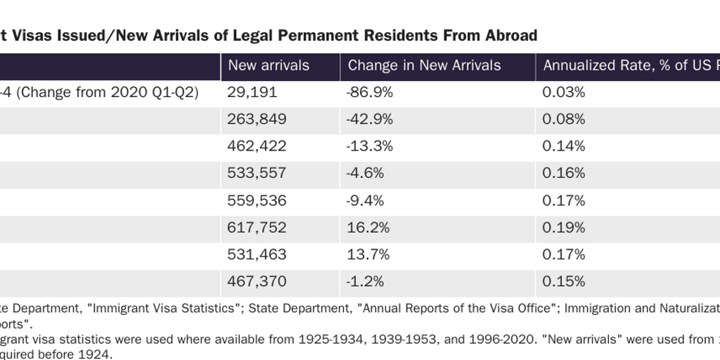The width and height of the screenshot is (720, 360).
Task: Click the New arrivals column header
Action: click(268, 66)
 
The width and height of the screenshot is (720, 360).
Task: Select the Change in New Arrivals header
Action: click(424, 66)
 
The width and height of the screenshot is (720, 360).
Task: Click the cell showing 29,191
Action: click(252, 93)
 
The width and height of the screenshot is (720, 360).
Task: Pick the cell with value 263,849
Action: click(257, 120)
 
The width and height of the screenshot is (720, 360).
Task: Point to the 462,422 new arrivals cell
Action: click(257, 146)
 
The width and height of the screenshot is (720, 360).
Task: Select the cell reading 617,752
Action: click(257, 227)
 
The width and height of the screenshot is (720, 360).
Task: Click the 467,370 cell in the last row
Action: click(257, 281)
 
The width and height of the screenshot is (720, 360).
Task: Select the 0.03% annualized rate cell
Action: click(564, 93)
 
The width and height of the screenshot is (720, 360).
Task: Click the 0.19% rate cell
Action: click(564, 227)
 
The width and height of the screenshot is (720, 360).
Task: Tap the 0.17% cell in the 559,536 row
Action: click(564, 200)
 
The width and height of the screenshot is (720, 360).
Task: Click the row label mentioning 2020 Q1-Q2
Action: click(105, 93)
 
